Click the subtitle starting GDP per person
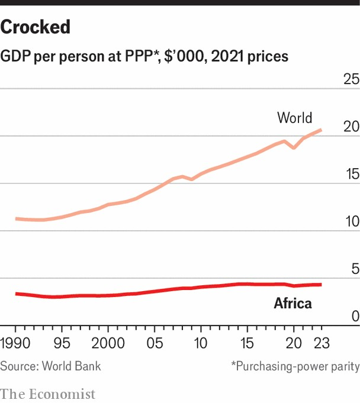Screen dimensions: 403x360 click(x=144, y=56)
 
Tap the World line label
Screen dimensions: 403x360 click(x=294, y=118)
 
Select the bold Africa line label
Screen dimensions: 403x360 click(x=292, y=304)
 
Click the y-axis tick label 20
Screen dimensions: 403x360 click(x=351, y=127)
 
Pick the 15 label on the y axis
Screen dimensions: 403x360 click(x=351, y=175)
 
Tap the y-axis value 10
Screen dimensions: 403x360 click(x=351, y=222)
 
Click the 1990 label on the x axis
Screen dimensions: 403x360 click(x=16, y=344)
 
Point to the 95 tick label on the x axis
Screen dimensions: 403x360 click(x=62, y=344)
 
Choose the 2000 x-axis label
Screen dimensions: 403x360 click(x=108, y=344)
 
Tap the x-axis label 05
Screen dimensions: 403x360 click(x=155, y=344)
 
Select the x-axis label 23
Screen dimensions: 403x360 click(x=321, y=344)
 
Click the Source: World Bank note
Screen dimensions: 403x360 click(x=50, y=366)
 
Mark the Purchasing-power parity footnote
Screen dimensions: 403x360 click(x=295, y=366)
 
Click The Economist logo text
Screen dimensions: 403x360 click(x=47, y=394)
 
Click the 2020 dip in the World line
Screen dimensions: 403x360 click(x=294, y=147)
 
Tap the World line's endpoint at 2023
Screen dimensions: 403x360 click(x=321, y=130)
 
